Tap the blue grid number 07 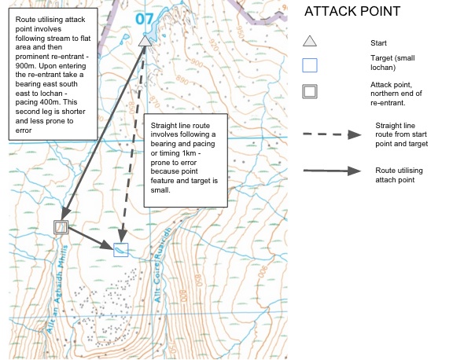point(144,18)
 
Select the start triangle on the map point(144,41)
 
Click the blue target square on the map point(120,250)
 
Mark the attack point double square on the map point(61,227)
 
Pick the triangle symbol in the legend point(310,42)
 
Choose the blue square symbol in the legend point(310,65)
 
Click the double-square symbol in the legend point(310,90)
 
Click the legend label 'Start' point(377,42)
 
